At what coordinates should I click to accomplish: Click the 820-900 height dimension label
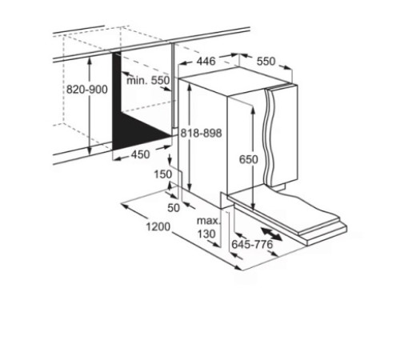(87, 90)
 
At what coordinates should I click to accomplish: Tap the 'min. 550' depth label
(148, 80)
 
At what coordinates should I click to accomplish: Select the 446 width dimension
(206, 62)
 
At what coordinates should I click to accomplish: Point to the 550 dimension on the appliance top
(266, 62)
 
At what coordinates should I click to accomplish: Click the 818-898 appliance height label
(202, 133)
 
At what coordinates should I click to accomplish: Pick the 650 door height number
(249, 159)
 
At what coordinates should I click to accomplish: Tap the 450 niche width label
(140, 154)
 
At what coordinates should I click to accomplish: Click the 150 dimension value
(163, 174)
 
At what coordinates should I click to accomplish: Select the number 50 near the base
(174, 208)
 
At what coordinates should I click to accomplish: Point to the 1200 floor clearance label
(158, 227)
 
